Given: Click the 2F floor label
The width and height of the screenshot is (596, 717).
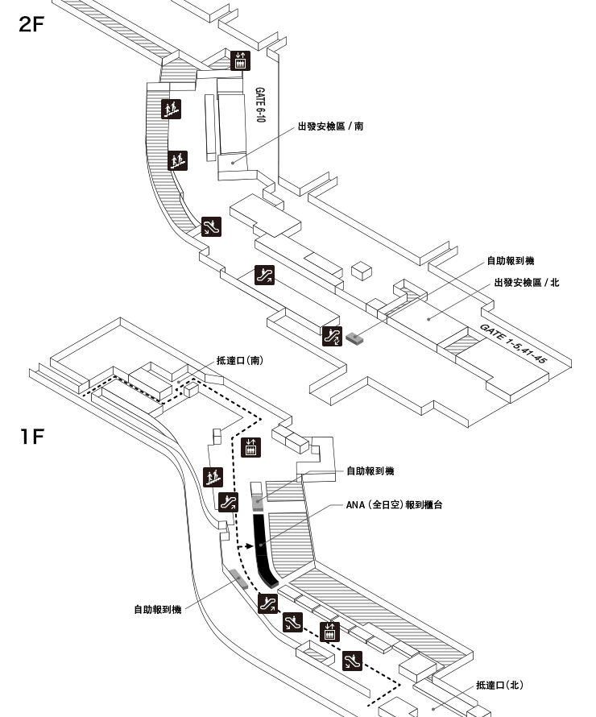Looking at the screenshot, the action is click(x=31, y=24).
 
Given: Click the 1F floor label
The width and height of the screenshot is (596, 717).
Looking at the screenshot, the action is click(x=32, y=436).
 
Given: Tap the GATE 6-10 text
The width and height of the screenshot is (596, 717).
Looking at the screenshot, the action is click(x=259, y=105).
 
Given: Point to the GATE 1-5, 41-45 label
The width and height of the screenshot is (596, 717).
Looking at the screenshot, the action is click(x=513, y=343).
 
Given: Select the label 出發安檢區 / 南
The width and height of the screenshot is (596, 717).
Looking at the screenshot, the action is click(x=330, y=126).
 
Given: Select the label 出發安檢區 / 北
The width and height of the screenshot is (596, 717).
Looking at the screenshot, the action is click(x=527, y=283).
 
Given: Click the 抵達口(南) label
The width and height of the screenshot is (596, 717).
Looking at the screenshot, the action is click(x=239, y=360).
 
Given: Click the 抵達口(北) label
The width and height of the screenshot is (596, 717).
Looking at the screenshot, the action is click(x=499, y=685).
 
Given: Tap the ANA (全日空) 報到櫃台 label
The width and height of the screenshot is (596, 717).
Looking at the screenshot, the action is click(x=394, y=505).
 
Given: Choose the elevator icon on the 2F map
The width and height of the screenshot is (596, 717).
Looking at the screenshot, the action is click(x=240, y=60).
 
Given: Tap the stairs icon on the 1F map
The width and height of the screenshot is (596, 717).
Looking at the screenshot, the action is click(x=213, y=477).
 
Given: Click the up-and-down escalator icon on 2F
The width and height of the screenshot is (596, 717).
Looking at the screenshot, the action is click(x=332, y=337).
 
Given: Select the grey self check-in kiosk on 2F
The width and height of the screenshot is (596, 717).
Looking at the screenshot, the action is click(x=354, y=338).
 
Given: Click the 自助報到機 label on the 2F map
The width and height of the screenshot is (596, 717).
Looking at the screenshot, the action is click(x=510, y=261).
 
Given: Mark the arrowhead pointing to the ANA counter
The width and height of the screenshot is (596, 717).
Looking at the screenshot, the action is click(x=249, y=546).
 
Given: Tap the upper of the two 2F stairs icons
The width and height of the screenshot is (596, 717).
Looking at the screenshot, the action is click(x=171, y=109).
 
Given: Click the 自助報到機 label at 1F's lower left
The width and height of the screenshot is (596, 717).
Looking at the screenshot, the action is click(x=158, y=610).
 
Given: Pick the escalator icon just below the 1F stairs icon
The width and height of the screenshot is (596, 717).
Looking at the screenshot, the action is click(x=228, y=503).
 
